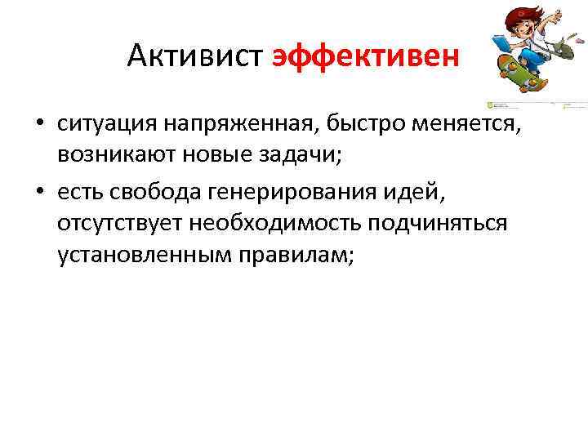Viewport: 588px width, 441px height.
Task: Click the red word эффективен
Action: tap(366, 56)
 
